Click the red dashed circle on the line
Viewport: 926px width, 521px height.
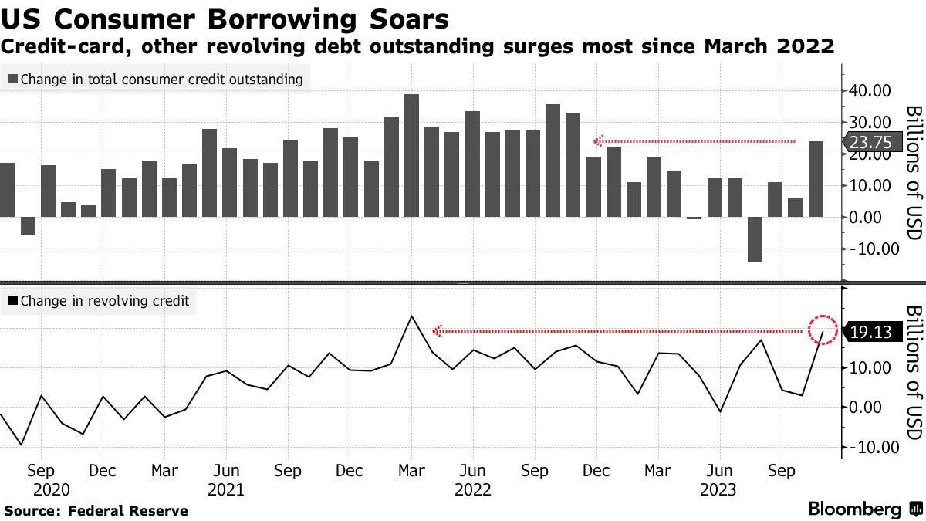[x=823, y=330]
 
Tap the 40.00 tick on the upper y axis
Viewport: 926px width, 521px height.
[x=870, y=90]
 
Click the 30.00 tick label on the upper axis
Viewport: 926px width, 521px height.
[x=870, y=122]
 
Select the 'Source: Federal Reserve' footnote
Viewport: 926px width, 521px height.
[x=96, y=510]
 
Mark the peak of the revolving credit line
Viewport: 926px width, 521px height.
[x=411, y=316]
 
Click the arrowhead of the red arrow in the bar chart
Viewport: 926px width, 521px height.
[x=596, y=142]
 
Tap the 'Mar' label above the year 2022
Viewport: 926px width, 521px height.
[x=411, y=470]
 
